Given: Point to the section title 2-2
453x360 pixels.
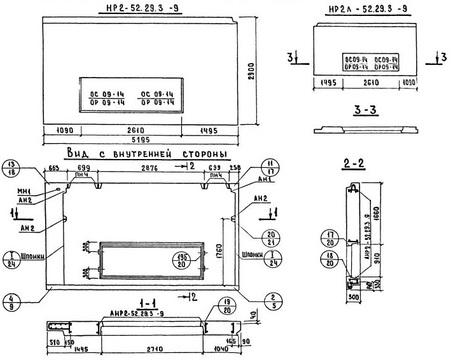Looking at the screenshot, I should click(x=353, y=164).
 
